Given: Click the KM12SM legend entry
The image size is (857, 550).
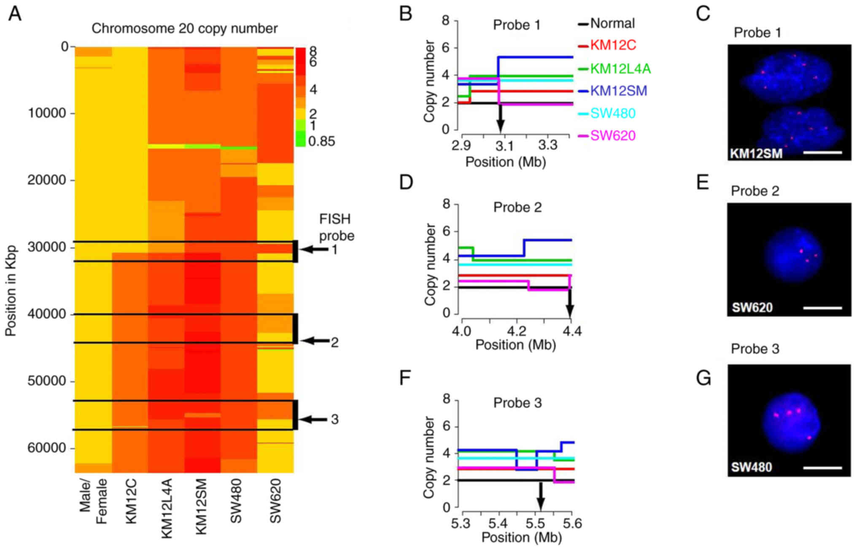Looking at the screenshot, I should (618, 91).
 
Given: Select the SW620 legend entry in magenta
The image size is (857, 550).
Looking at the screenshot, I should (612, 135).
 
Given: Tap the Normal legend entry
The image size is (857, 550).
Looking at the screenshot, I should (612, 23).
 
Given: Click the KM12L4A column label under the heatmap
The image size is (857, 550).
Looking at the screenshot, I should (167, 508).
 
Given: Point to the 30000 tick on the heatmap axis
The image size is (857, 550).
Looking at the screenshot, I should (47, 247).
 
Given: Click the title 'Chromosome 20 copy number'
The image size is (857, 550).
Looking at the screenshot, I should (184, 28).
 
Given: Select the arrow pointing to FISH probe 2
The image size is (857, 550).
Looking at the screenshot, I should (314, 341).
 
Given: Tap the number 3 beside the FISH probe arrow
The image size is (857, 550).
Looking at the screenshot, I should (334, 419).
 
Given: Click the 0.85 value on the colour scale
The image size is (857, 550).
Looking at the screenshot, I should (321, 141).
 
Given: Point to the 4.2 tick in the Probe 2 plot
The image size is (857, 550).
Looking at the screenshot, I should (516, 331).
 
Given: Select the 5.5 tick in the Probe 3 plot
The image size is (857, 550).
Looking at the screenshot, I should (535, 523).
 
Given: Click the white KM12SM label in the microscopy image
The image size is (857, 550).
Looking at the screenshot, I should (756, 153).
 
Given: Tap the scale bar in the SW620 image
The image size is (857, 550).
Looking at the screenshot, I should (822, 308).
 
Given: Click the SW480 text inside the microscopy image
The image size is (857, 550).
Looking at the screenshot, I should (752, 467).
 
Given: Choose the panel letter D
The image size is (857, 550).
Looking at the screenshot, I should (406, 182).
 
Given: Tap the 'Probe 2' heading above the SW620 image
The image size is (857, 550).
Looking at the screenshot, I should (755, 191).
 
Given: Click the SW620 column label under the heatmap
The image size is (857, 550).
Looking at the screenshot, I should (275, 501).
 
